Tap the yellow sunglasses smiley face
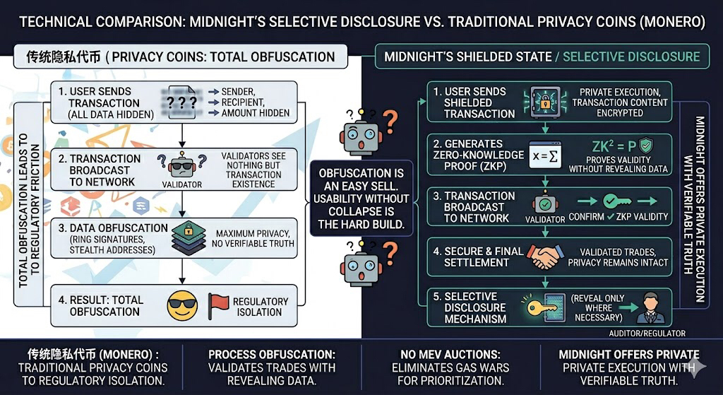(181, 305)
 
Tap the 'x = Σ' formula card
(548, 154)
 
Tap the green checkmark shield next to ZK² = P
(645, 146)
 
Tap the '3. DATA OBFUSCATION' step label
(113, 228)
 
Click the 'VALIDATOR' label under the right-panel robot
(546, 219)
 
